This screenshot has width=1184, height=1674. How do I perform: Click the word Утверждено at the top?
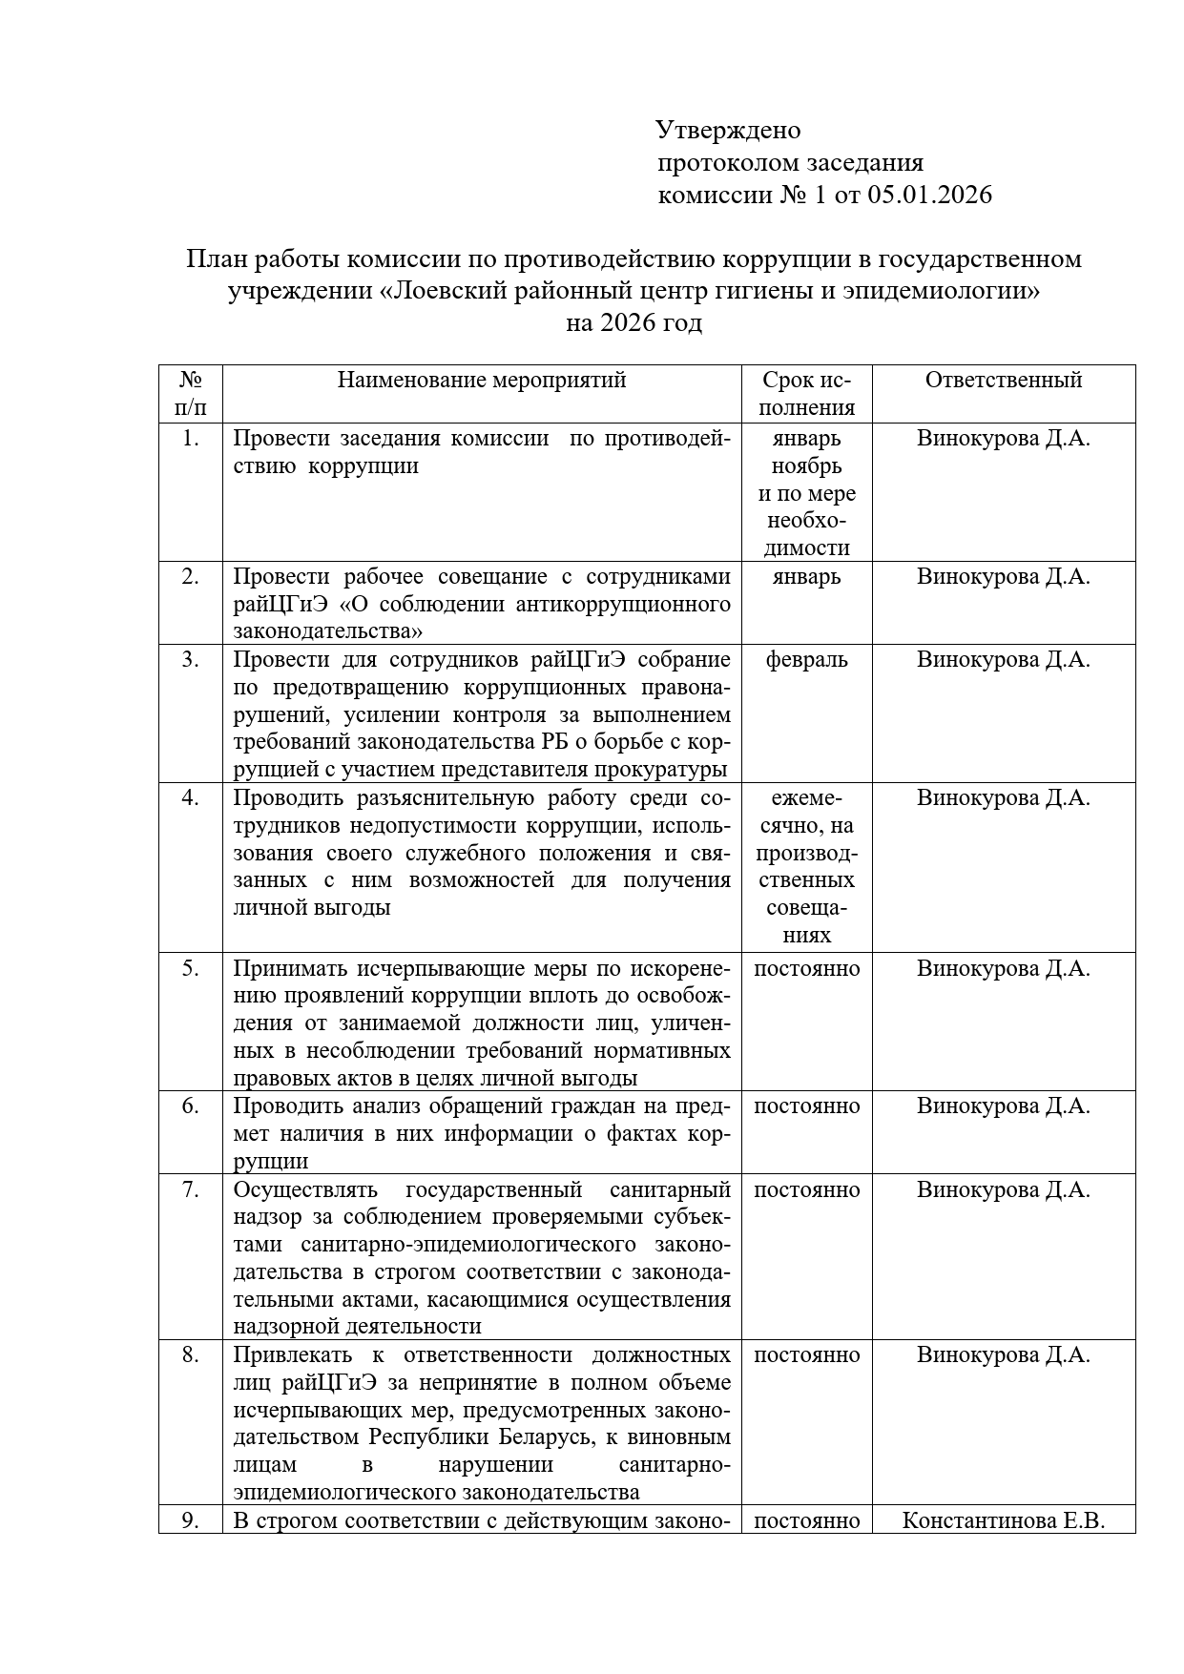click(728, 130)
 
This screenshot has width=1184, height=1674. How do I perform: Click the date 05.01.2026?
click(929, 196)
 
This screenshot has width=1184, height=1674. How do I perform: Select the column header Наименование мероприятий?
click(482, 380)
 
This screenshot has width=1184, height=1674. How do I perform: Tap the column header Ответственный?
click(1003, 380)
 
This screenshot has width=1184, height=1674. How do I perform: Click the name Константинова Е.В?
click(1003, 1520)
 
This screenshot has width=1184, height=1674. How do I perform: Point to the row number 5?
click(191, 968)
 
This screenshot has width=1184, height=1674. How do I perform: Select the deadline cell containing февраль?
click(806, 659)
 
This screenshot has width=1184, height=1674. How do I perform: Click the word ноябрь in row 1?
click(806, 465)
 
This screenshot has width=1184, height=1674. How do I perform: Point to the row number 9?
click(191, 1520)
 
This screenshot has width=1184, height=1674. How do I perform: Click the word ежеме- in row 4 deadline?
click(806, 797)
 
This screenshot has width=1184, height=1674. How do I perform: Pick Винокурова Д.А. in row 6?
click(1003, 1106)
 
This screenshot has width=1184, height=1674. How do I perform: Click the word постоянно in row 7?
click(806, 1189)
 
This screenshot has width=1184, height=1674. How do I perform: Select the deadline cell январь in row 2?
click(806, 576)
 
